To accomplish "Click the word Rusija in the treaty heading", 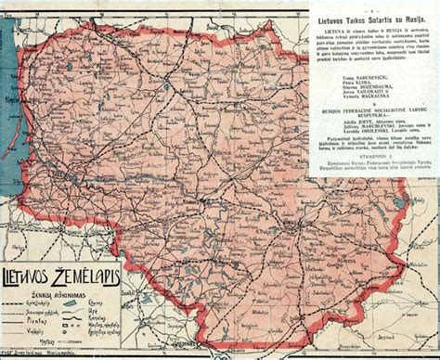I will [x=414, y=19].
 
